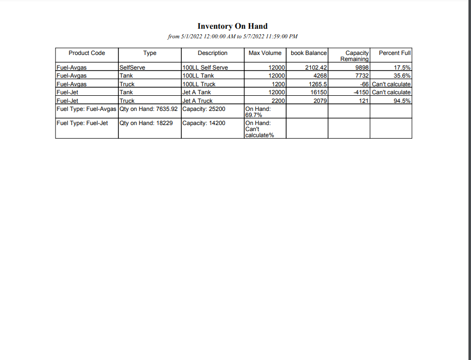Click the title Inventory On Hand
232,26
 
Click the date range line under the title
232,36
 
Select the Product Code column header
87,53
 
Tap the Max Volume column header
265,53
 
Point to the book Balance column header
309,53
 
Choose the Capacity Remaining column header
355,55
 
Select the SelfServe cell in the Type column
132,68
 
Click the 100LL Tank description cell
198,76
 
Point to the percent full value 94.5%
402,101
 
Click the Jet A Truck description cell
197,101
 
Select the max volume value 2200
278,101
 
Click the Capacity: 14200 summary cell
204,123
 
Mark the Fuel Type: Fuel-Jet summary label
82,123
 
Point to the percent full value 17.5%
402,68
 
